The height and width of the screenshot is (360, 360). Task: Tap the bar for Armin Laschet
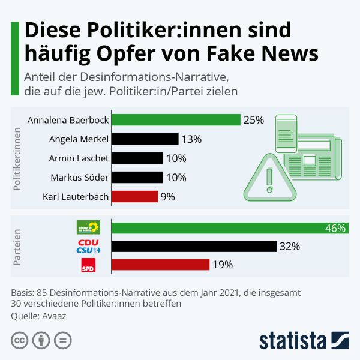coord(137,158)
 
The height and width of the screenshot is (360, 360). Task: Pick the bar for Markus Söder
coord(137,177)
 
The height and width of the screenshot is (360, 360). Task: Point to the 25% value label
coord(253,120)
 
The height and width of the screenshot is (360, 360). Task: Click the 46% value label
coord(335,228)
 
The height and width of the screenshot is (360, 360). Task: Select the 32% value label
coord(290,247)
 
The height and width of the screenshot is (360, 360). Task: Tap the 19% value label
coord(223,265)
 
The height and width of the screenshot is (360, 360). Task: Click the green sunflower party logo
coord(88,227)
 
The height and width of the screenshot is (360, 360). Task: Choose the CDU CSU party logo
coord(88,246)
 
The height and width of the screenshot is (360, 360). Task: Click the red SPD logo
coord(88,265)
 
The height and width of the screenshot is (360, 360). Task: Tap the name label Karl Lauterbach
coord(76,196)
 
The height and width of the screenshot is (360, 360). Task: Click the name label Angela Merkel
coord(79,139)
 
